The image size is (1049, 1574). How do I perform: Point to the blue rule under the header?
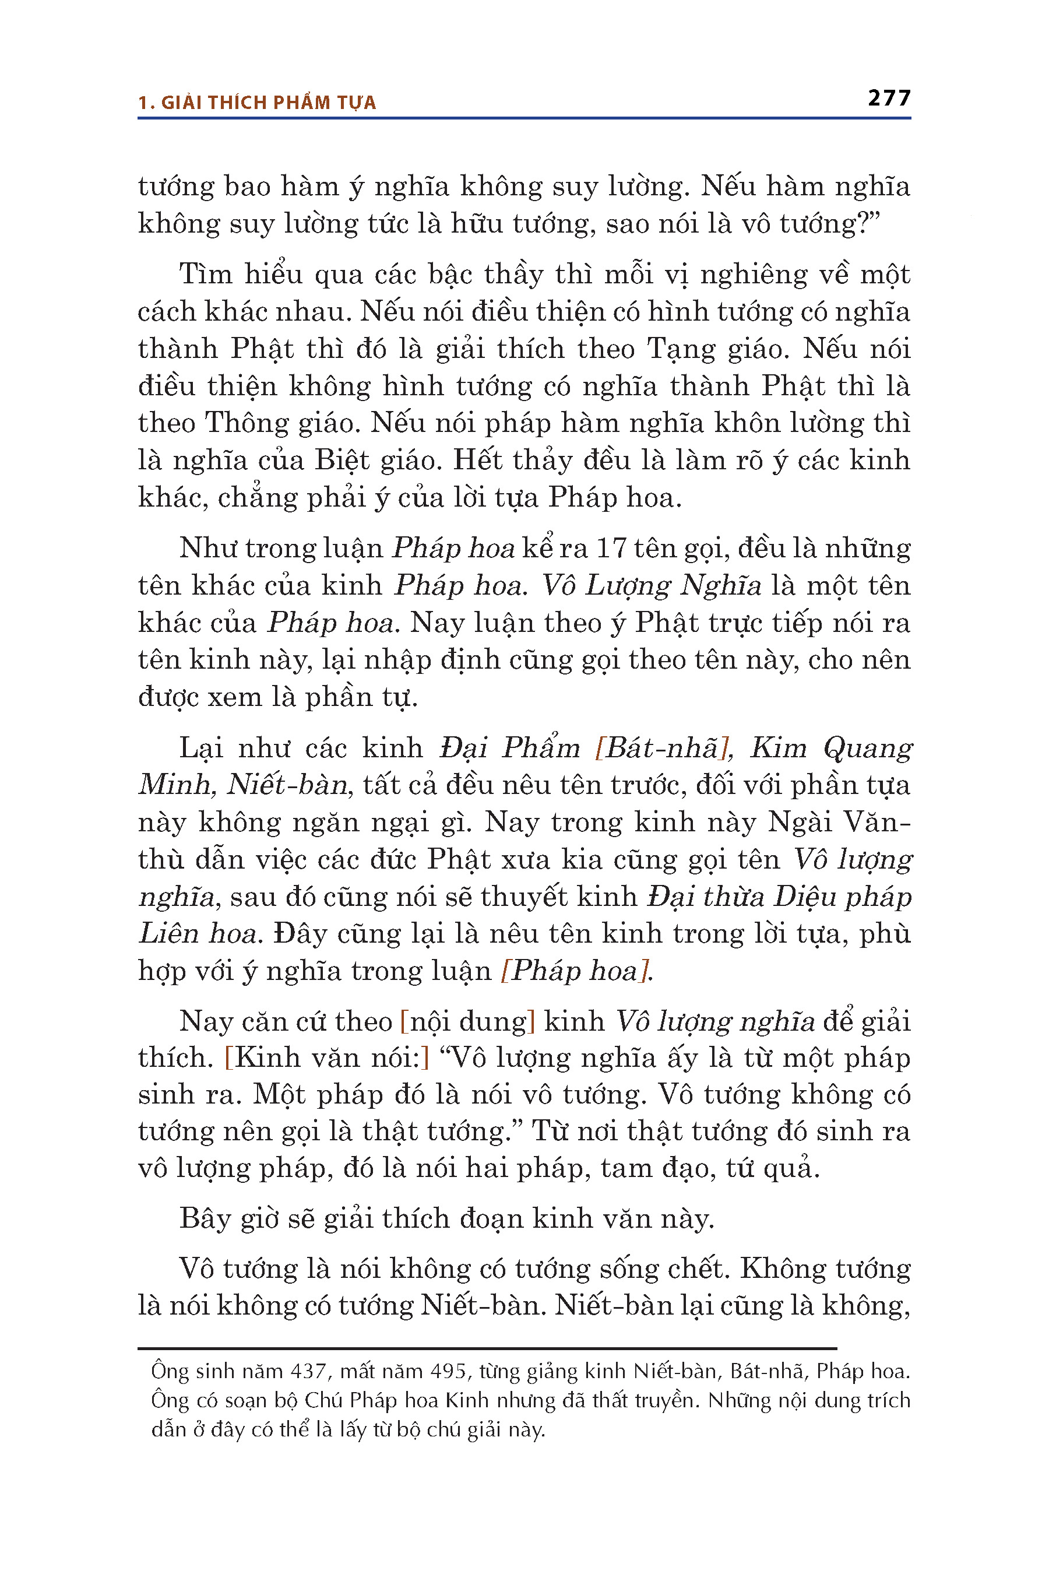(x=524, y=118)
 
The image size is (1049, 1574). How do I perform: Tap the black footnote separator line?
(x=487, y=1348)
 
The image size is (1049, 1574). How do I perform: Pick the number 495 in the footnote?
(x=448, y=1372)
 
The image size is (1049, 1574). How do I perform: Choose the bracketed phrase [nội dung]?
(x=467, y=1021)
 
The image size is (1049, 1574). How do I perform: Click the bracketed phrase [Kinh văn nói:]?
(x=327, y=1057)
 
